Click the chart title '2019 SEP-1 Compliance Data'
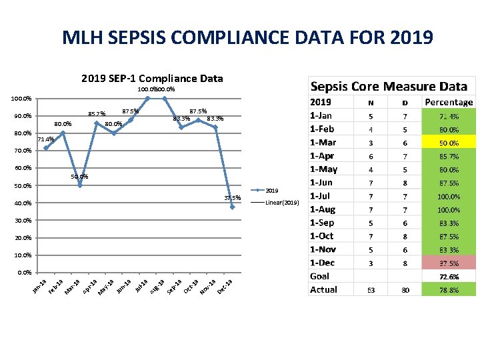click(152, 79)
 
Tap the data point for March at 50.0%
click(80, 185)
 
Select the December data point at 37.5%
click(232, 207)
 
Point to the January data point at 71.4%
click(45, 148)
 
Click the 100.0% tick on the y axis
click(21, 99)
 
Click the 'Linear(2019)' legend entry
click(282, 202)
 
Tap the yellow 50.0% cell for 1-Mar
click(449, 143)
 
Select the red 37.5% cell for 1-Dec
click(449, 263)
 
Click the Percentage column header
click(449, 102)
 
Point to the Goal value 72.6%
click(449, 276)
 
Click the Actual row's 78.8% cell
click(449, 289)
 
